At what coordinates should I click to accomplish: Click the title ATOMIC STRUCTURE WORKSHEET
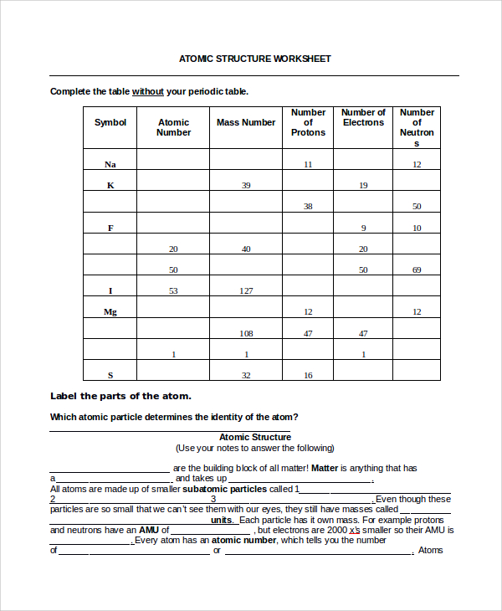pyautogui.click(x=255, y=59)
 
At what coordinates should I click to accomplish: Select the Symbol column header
pyautogui.click(x=110, y=122)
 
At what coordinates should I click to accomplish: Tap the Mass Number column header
pyautogui.click(x=246, y=122)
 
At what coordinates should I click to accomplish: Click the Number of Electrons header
pyautogui.click(x=363, y=117)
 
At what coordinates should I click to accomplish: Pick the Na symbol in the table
pyautogui.click(x=110, y=165)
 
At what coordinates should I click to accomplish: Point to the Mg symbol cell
pyautogui.click(x=110, y=312)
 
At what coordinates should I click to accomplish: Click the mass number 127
pyautogui.click(x=246, y=291)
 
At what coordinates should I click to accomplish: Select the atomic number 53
pyautogui.click(x=173, y=291)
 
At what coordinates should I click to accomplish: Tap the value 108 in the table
pyautogui.click(x=246, y=333)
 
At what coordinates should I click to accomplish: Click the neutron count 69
pyautogui.click(x=417, y=270)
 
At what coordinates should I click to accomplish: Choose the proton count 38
pyautogui.click(x=308, y=207)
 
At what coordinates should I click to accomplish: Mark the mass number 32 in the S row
pyautogui.click(x=246, y=376)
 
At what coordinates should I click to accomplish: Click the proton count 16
pyautogui.click(x=308, y=376)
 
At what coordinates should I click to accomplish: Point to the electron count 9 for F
pyautogui.click(x=363, y=228)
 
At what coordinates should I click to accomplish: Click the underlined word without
pyautogui.click(x=147, y=91)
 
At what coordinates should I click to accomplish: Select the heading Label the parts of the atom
pyautogui.click(x=120, y=396)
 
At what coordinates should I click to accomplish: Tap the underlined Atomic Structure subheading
pyautogui.click(x=255, y=437)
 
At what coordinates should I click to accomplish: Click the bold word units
pyautogui.click(x=222, y=520)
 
